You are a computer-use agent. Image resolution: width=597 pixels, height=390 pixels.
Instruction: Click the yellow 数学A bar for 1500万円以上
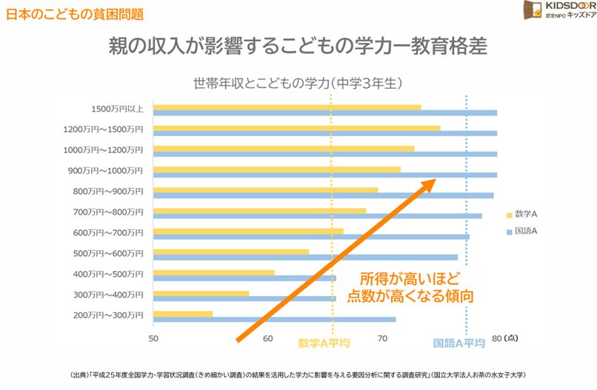pos(287,107)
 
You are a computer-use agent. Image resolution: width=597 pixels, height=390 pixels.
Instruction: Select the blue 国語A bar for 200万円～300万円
pos(274,320)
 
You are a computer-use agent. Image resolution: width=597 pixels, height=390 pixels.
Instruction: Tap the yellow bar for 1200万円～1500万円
pos(296,128)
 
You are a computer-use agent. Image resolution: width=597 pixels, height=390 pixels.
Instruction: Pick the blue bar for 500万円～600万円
pos(305,258)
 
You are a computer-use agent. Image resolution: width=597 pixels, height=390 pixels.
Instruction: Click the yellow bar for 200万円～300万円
pos(183,314)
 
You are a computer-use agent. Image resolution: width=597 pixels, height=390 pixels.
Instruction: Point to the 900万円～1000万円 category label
pos(107,171)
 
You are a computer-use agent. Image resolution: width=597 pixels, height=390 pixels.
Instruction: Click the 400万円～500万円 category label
pos(107,275)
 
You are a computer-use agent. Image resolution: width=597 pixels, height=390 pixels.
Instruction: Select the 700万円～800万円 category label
pos(107,212)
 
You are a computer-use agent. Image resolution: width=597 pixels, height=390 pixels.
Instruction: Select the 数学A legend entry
pos(523,214)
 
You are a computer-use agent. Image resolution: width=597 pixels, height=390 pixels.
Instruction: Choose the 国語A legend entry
pos(523,231)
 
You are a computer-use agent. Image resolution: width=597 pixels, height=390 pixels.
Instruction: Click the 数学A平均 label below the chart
pos(324,343)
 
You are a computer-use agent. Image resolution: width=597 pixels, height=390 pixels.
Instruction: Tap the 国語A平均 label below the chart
pos(459,343)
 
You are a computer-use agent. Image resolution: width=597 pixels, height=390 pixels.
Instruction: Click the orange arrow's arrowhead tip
pos(433,180)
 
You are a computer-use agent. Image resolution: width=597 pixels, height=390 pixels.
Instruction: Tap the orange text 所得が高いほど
pos(410,280)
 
